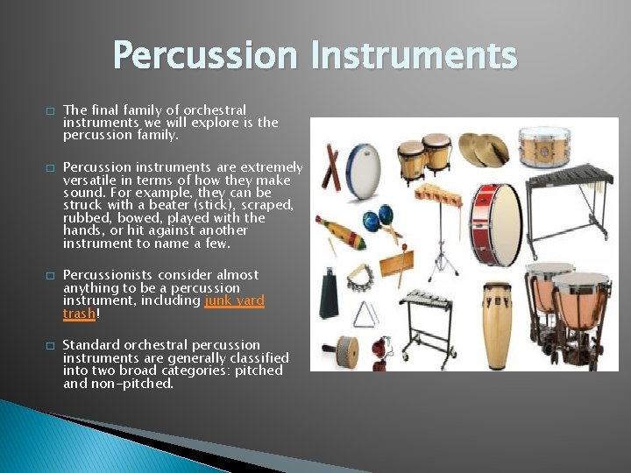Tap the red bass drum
click(494, 224)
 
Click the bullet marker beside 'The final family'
click(50, 111)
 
